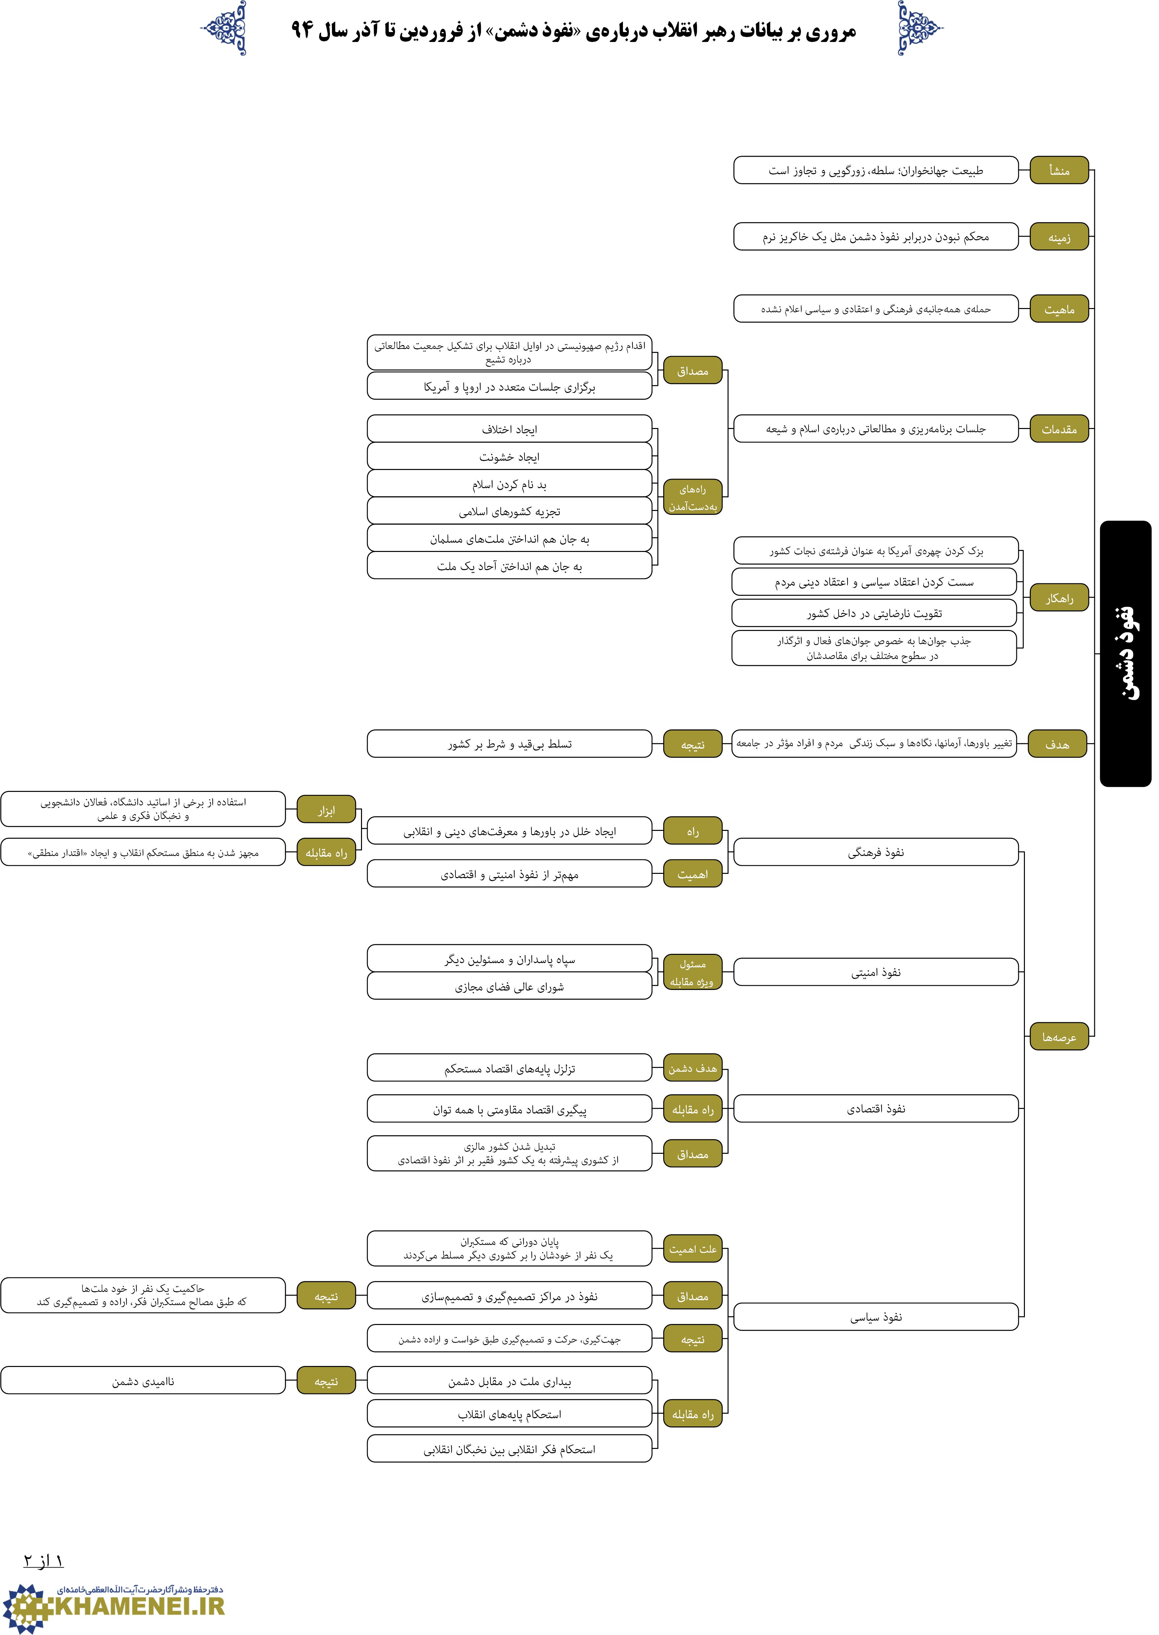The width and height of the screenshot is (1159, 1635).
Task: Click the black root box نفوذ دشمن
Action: [1125, 653]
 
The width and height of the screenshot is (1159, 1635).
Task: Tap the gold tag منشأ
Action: [1059, 170]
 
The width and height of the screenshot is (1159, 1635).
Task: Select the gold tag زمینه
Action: [1059, 236]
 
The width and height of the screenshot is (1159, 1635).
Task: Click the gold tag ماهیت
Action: [1059, 308]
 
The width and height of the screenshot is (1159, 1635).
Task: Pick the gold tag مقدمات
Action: [1059, 428]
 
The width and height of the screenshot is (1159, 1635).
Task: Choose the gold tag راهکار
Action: [1059, 598]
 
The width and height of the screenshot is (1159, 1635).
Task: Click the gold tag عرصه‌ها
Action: [1059, 1036]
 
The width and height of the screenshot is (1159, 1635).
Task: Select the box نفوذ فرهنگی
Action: [876, 852]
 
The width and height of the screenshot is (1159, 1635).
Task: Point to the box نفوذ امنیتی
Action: [876, 972]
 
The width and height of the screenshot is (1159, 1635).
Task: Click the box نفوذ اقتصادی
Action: [876, 1108]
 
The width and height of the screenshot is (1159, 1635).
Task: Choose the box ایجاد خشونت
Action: [510, 456]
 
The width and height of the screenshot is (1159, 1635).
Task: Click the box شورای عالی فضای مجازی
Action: [510, 986]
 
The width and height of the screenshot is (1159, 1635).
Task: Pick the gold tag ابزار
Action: [326, 810]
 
